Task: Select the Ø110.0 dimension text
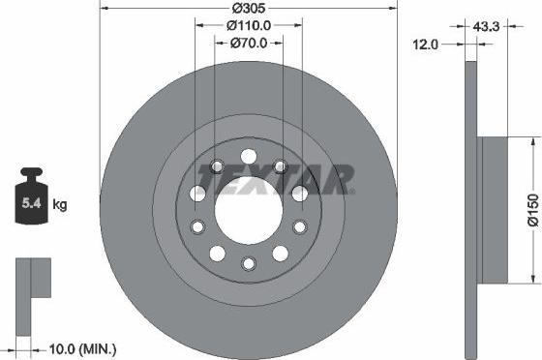pos(249,26)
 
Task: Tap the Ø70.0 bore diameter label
pos(249,43)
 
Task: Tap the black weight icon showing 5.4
pos(30,199)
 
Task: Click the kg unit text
pos(59,204)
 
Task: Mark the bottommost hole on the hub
pos(249,263)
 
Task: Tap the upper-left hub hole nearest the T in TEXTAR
pos(217,166)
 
